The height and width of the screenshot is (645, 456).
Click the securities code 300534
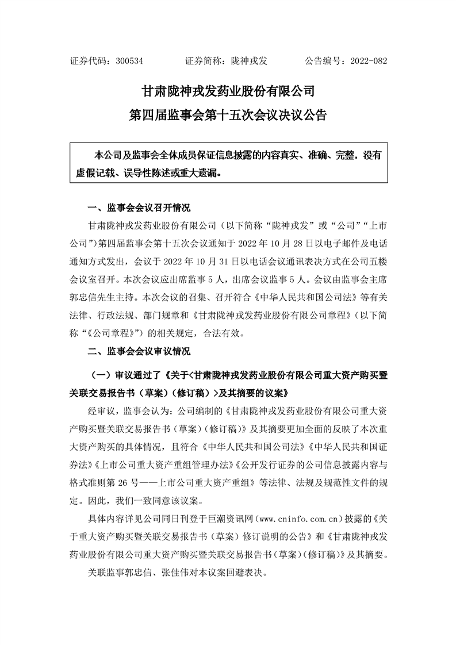pyautogui.click(x=129, y=60)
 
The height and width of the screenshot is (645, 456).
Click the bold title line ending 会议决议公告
pyautogui.click(x=228, y=116)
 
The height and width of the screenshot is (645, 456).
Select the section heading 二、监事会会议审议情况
pyautogui.click(x=138, y=350)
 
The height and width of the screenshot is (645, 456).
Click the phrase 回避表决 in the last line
pyautogui.click(x=246, y=573)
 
